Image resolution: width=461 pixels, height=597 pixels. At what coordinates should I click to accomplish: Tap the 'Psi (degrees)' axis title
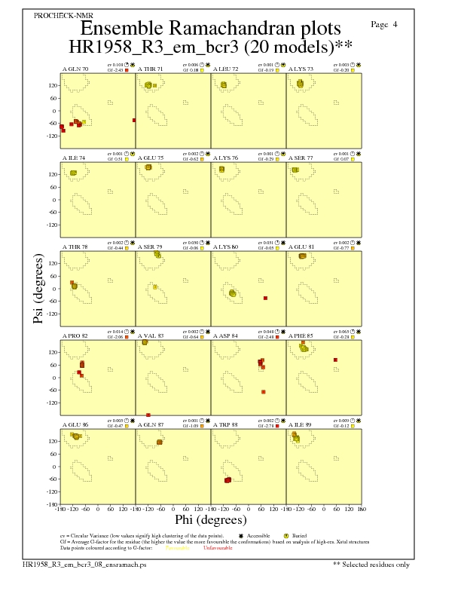coord(38,289)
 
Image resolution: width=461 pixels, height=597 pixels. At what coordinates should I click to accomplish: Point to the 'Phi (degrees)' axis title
coord(211,519)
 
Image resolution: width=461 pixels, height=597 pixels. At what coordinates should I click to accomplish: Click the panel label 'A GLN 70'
coord(75,69)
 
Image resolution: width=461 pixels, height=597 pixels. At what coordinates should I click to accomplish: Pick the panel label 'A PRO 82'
coord(75,332)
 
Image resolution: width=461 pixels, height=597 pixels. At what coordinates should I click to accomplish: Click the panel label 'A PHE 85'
coord(302,332)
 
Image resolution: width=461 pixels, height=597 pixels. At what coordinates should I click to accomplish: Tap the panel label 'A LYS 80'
coord(226,245)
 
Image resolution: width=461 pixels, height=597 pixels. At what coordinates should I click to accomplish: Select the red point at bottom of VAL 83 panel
coord(148,415)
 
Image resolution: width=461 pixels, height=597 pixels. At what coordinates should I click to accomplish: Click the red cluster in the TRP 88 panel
coord(227,479)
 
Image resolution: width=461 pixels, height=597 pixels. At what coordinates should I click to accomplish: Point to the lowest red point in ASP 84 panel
coord(263,392)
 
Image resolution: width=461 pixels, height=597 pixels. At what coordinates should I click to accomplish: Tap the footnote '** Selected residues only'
coord(371,563)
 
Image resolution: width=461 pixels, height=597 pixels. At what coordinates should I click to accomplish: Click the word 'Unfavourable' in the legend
coord(218,547)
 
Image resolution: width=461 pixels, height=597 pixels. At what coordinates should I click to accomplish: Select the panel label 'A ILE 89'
coord(301,421)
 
